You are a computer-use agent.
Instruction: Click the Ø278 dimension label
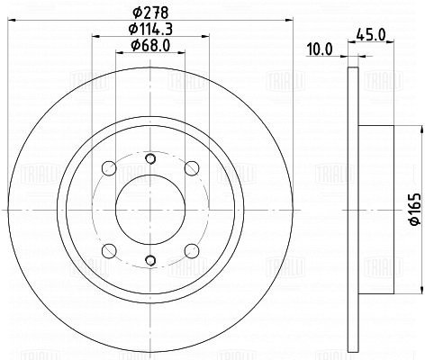[150, 13]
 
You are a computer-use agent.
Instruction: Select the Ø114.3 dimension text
[150, 29]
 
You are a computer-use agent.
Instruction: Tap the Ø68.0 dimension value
[150, 45]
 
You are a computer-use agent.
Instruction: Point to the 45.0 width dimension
[370, 35]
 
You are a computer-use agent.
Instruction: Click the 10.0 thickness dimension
[320, 49]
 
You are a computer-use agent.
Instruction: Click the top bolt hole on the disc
[150, 158]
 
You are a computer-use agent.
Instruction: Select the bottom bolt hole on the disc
[150, 260]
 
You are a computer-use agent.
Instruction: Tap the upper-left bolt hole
[109, 168]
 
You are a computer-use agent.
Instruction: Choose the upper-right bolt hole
[192, 168]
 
